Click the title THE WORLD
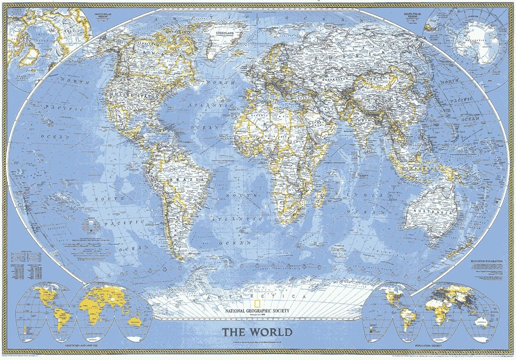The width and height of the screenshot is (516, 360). coord(257,332)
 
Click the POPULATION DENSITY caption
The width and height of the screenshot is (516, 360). coord(429,347)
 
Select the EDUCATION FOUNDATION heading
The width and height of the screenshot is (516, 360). coord(487,261)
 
